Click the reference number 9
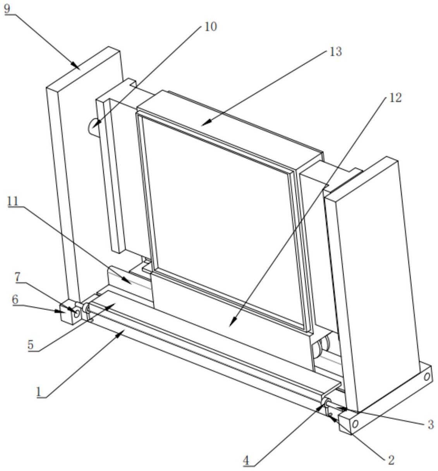7,9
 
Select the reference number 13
335,52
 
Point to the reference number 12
395,98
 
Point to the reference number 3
430,425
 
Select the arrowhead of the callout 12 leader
231,325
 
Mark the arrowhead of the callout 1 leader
123,330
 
